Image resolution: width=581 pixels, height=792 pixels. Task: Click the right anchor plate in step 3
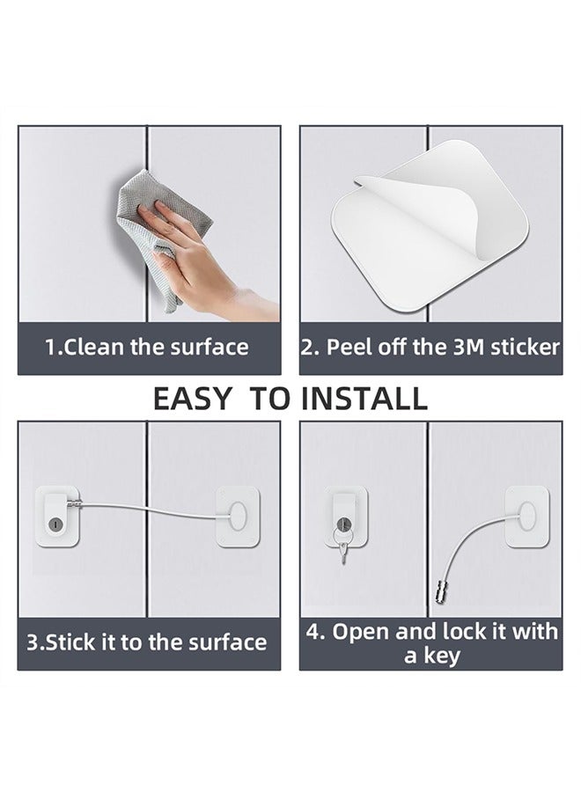[x=237, y=513]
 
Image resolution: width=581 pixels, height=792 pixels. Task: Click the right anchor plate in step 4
[x=526, y=515]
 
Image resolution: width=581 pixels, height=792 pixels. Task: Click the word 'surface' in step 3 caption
[x=224, y=642]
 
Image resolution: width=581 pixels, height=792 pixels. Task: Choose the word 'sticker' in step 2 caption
[x=525, y=347]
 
